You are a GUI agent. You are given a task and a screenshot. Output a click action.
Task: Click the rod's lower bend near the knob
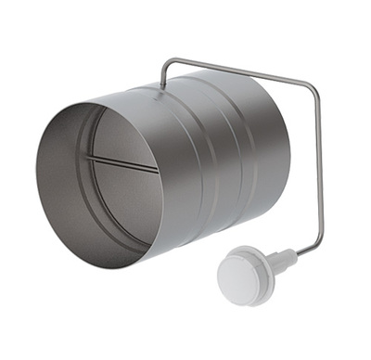coord(317,248)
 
